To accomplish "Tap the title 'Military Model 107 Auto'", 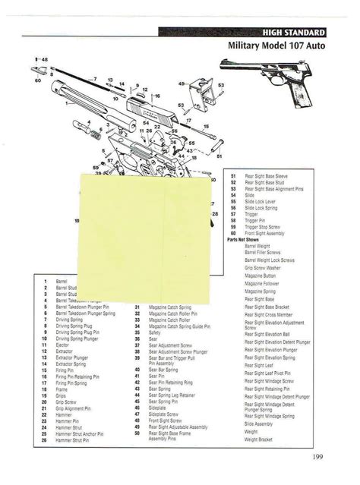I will tap(277, 46).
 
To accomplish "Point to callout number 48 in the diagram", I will tap(44, 59).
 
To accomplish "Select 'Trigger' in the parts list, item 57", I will tap(251, 214).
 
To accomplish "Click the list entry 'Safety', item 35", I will tap(155, 332).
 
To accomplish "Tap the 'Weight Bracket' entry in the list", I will tap(256, 439).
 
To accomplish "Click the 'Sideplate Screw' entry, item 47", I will tap(164, 414).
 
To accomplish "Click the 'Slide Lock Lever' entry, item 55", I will tap(261, 201).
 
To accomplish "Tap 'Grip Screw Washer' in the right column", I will tap(263, 267).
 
